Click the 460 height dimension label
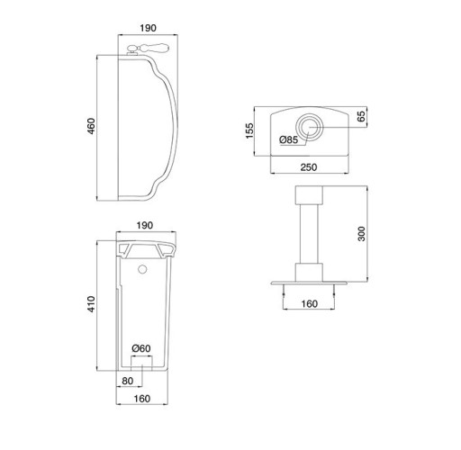(91, 126)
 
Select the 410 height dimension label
(91, 304)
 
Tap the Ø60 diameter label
(141, 348)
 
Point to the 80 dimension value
(128, 381)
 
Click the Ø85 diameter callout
(288, 139)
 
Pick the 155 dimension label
(249, 130)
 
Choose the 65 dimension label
(361, 116)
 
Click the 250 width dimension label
(309, 167)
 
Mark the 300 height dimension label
(362, 234)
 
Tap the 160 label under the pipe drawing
(309, 304)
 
